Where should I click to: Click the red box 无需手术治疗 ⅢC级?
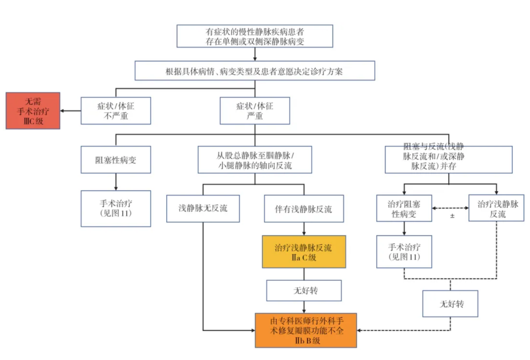point(33,111)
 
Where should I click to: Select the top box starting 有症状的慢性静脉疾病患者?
point(255,36)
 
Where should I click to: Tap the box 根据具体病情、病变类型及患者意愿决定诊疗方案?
point(255,71)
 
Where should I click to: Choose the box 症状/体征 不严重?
point(115,111)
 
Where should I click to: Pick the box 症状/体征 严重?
point(255,111)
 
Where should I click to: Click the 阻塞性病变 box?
point(115,160)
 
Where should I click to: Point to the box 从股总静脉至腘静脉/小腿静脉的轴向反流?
point(255,160)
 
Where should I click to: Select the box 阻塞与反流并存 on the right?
point(448,160)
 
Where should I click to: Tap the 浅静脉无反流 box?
point(203,208)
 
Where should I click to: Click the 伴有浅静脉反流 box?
point(304,208)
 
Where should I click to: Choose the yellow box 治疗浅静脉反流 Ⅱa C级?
point(304,252)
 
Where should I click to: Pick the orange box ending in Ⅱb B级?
point(306,330)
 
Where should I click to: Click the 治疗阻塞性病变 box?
point(404,208)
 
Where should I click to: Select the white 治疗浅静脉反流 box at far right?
point(497,208)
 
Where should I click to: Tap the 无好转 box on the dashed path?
point(450,304)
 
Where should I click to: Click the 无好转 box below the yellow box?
point(304,291)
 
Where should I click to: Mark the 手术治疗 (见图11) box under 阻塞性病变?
point(115,208)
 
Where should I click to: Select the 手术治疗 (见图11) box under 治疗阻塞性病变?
point(404,252)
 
